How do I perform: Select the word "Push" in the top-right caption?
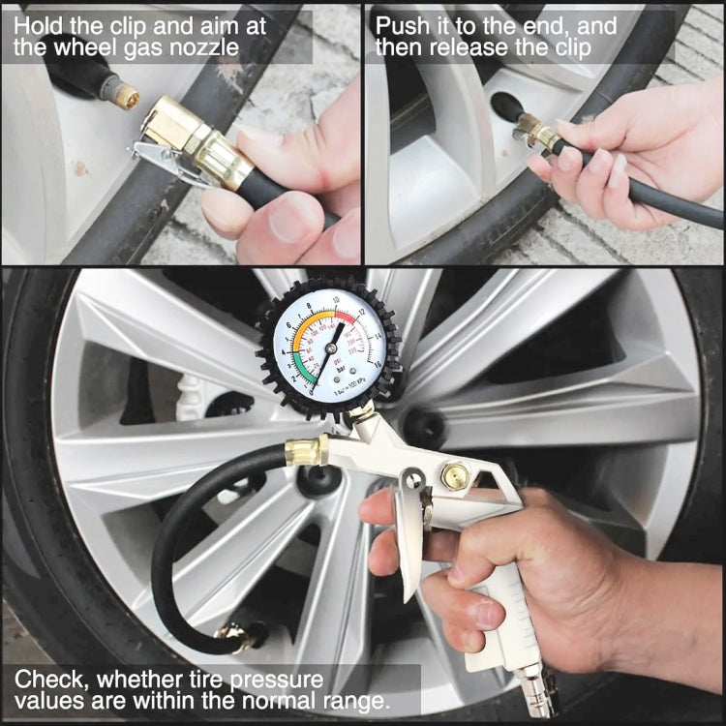point(402,25)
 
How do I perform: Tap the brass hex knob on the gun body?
point(455,475)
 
